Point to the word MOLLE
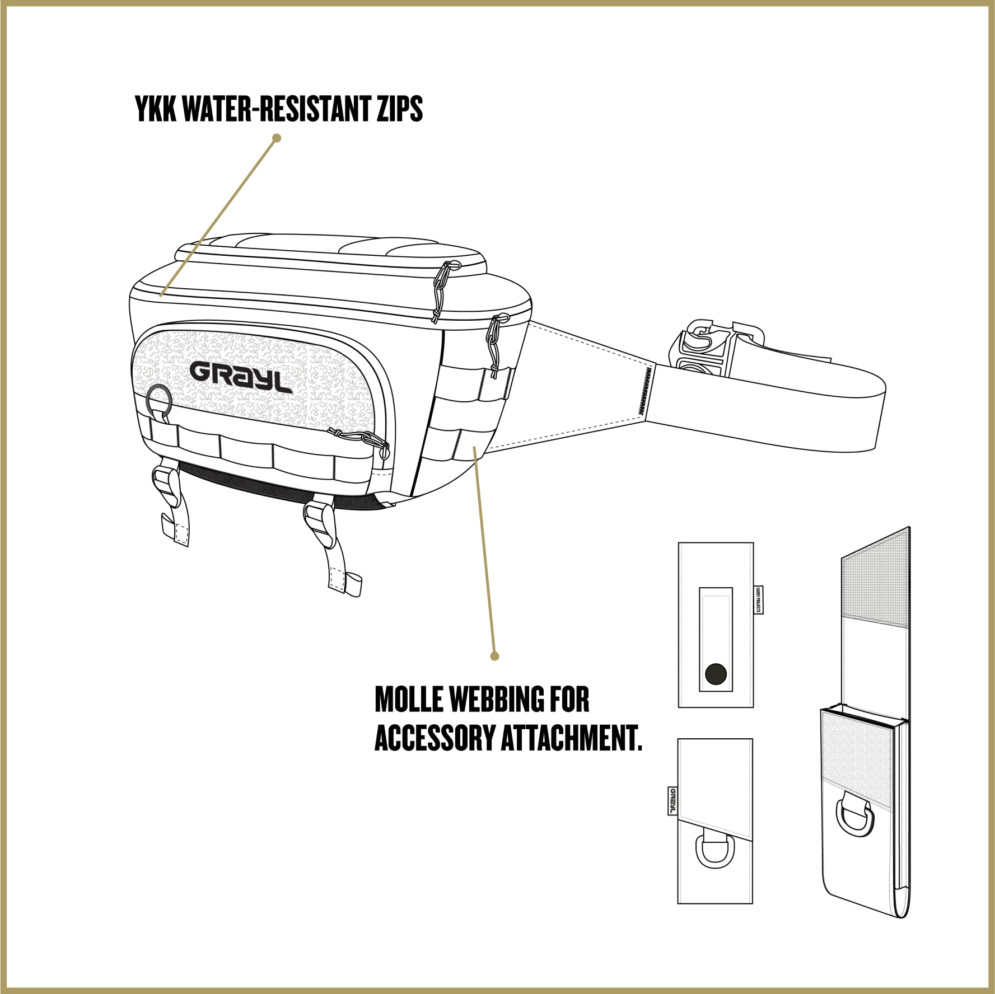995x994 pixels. tap(409, 700)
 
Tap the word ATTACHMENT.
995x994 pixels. tap(571, 738)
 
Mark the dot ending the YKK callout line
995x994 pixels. tap(276, 138)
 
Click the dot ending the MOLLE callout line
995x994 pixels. tap(494, 655)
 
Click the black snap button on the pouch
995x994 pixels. tap(716, 674)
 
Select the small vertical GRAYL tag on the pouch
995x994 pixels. tap(672, 801)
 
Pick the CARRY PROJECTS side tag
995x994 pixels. tap(759, 600)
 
